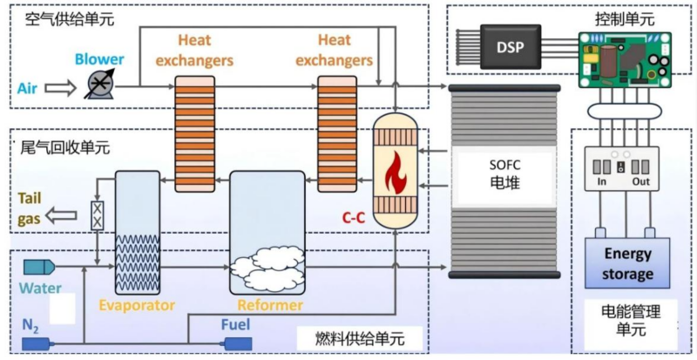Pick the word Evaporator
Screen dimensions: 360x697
point(137,306)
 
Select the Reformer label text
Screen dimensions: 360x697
point(270,306)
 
